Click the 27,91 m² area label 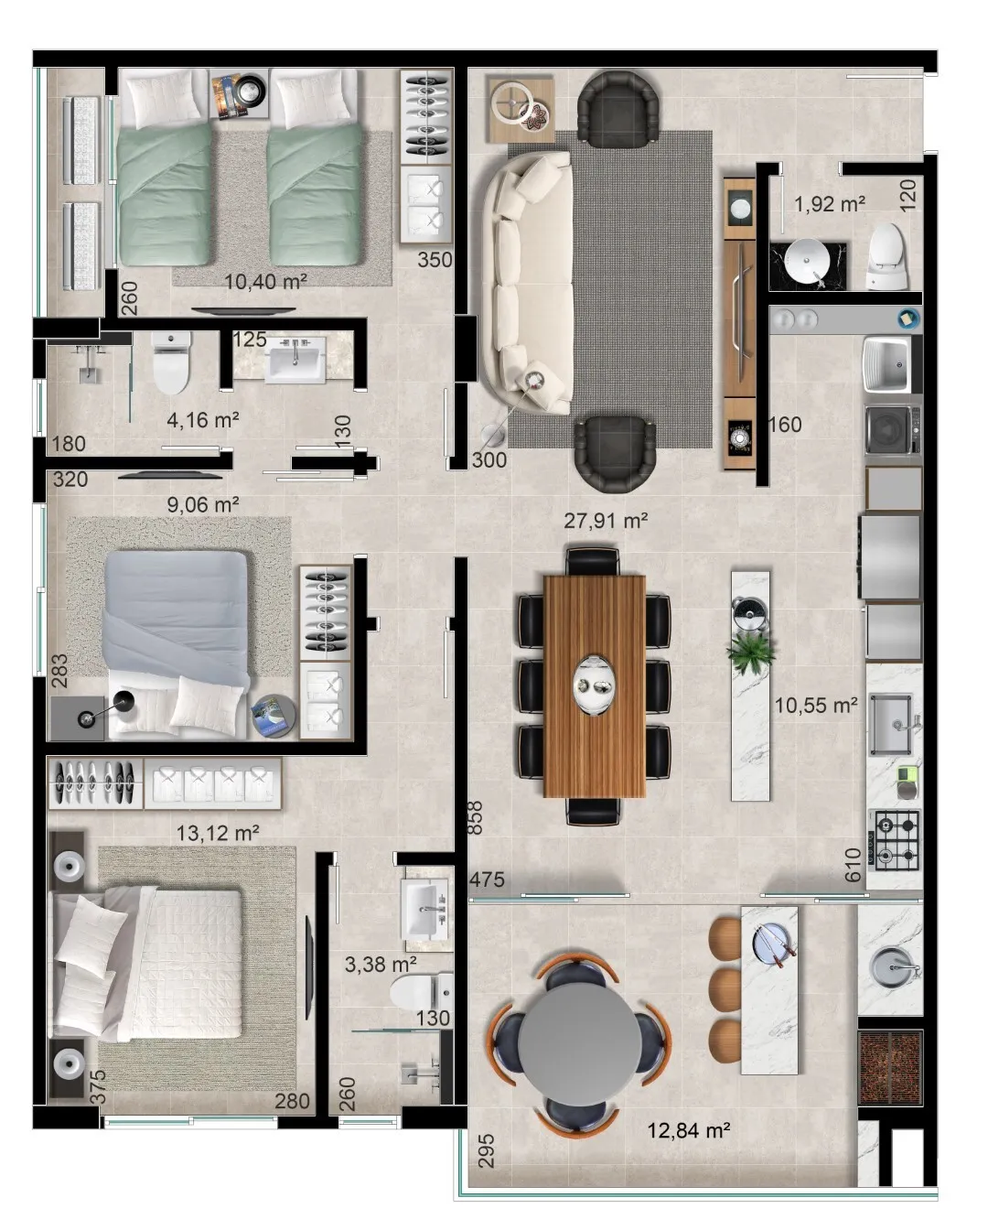[606, 521]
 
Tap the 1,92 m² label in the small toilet [829, 203]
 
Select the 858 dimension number [475, 817]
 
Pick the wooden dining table [595, 685]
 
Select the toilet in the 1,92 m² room [886, 255]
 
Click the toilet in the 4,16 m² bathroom [171, 362]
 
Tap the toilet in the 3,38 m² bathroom [422, 993]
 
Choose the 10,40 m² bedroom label [265, 281]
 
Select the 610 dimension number [852, 865]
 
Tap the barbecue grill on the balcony [890, 1066]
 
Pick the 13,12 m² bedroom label [217, 833]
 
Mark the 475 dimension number [487, 879]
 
